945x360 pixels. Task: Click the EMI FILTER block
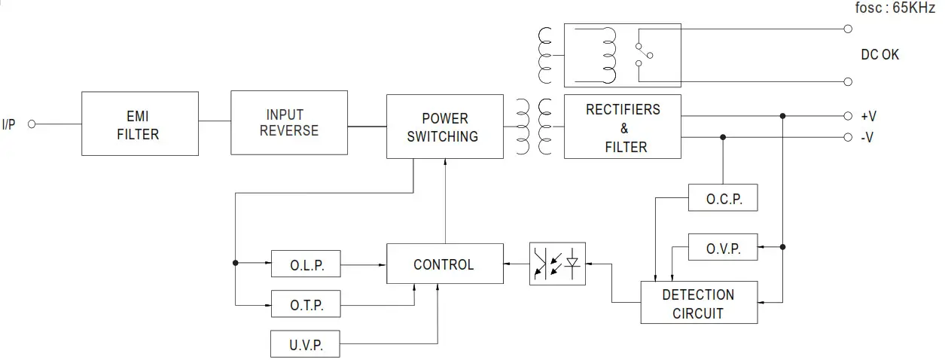pos(140,124)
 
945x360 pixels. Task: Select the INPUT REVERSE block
pos(289,123)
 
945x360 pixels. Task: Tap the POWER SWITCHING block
pos(444,127)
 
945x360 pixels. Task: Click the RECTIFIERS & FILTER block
pos(622,127)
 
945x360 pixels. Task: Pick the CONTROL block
pos(444,264)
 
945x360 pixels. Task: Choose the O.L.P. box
pos(306,264)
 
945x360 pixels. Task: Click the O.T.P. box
pos(306,305)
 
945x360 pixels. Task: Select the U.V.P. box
pos(306,345)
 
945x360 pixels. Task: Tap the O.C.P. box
pos(723,199)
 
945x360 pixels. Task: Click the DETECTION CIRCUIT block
pos(699,303)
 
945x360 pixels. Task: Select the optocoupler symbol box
pos(557,263)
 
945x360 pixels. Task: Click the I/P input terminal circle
pos(32,124)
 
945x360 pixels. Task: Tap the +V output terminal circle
pos(848,116)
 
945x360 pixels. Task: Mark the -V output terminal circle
pos(848,138)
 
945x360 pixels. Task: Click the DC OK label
pos(879,55)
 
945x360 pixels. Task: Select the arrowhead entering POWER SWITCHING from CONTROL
pos(445,163)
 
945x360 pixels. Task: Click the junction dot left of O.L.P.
pos(236,263)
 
